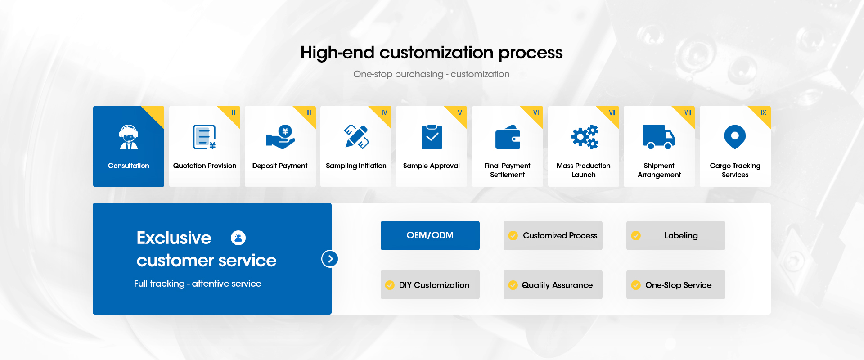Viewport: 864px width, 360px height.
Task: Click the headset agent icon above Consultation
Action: click(x=129, y=137)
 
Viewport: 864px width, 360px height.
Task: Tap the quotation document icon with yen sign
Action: click(x=204, y=137)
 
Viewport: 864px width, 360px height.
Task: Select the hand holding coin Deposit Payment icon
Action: click(x=280, y=137)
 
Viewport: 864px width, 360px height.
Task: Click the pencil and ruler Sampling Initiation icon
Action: click(x=356, y=137)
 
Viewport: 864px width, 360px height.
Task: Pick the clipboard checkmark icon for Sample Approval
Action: click(x=432, y=137)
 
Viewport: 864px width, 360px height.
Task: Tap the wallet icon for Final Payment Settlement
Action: click(x=508, y=137)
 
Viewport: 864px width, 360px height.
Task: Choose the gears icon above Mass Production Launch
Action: click(x=585, y=137)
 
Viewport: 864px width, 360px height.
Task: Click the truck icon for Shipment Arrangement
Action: click(x=659, y=137)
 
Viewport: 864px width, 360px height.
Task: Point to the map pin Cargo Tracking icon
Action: click(x=735, y=137)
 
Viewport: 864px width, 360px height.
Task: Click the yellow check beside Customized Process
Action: click(x=513, y=235)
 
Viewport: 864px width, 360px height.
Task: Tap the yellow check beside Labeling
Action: click(x=636, y=235)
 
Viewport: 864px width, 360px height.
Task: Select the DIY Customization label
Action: click(x=434, y=285)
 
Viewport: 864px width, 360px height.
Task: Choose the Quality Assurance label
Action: click(x=557, y=285)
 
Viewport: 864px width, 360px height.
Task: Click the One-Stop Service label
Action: click(x=679, y=285)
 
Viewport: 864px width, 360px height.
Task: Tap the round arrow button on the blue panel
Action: click(x=330, y=259)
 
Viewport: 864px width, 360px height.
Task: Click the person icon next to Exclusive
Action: click(x=238, y=238)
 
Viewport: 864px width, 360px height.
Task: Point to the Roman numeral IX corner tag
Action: click(x=763, y=112)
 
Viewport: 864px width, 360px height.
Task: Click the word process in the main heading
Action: click(x=531, y=53)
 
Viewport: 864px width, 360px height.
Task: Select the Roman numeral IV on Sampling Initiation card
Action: click(x=384, y=112)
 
